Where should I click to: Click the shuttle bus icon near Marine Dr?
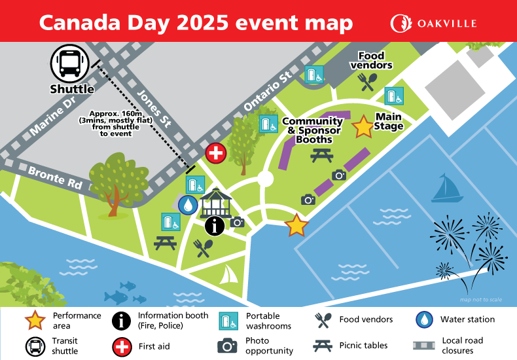pyautogui.click(x=70, y=63)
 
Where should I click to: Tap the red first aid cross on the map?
pyautogui.click(x=215, y=153)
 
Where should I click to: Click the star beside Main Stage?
pyautogui.click(x=363, y=127)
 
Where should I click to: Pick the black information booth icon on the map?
pyautogui.click(x=214, y=226)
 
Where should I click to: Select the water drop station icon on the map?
pyautogui.click(x=188, y=205)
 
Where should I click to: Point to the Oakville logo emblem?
pyautogui.click(x=401, y=24)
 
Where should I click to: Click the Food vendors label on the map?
pyautogui.click(x=371, y=60)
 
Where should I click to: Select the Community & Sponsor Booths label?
pyautogui.click(x=312, y=130)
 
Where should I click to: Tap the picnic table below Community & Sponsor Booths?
pyautogui.click(x=323, y=155)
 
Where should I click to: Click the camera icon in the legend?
pyautogui.click(x=227, y=345)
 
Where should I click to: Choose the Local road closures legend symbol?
pyautogui.click(x=423, y=345)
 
